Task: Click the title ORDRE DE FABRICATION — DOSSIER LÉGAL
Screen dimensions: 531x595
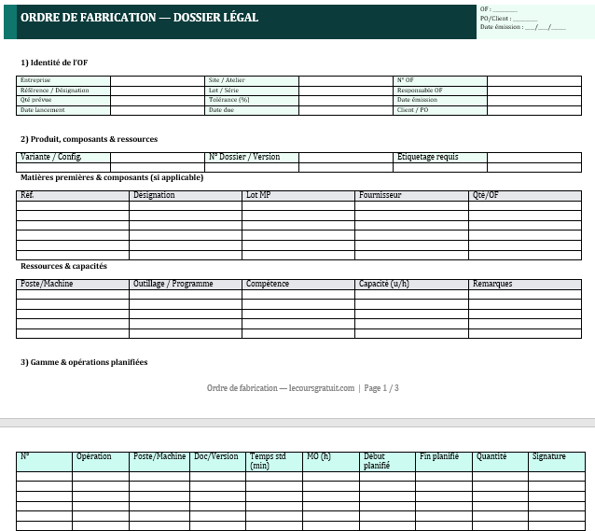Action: point(139,18)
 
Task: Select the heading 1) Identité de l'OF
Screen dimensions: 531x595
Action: point(54,63)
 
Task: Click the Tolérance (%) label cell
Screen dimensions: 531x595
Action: point(229,100)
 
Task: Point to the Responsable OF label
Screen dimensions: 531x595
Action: point(420,91)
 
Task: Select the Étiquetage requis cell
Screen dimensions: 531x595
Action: point(428,157)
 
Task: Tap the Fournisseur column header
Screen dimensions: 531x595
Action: point(381,196)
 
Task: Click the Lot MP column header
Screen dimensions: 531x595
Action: point(258,196)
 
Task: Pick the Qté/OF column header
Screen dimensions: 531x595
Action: point(486,196)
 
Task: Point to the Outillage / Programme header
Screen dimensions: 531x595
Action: point(173,284)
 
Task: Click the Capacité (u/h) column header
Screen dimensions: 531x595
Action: point(384,284)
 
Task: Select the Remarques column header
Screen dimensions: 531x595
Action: point(492,284)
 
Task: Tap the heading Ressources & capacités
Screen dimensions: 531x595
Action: point(63,266)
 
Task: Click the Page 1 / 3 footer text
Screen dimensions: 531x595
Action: point(381,388)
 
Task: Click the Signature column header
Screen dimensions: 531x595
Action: point(549,456)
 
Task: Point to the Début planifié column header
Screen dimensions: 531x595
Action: point(376,461)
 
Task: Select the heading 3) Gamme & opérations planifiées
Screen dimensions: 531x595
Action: point(84,362)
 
